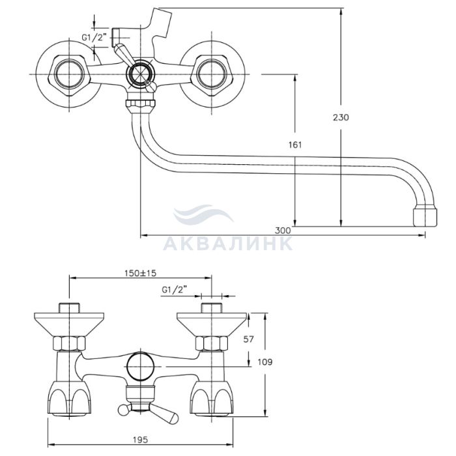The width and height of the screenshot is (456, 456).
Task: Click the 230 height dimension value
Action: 341,117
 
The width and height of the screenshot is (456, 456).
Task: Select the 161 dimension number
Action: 295,145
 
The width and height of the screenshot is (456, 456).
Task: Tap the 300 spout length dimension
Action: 283,231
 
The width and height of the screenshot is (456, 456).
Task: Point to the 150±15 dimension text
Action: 141,273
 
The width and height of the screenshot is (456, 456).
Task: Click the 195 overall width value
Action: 141,440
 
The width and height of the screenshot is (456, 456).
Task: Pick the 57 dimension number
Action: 248,339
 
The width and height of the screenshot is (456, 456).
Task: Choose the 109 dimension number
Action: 265,362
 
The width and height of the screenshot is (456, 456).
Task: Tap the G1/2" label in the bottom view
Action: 174,290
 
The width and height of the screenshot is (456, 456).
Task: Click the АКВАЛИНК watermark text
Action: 228,244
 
